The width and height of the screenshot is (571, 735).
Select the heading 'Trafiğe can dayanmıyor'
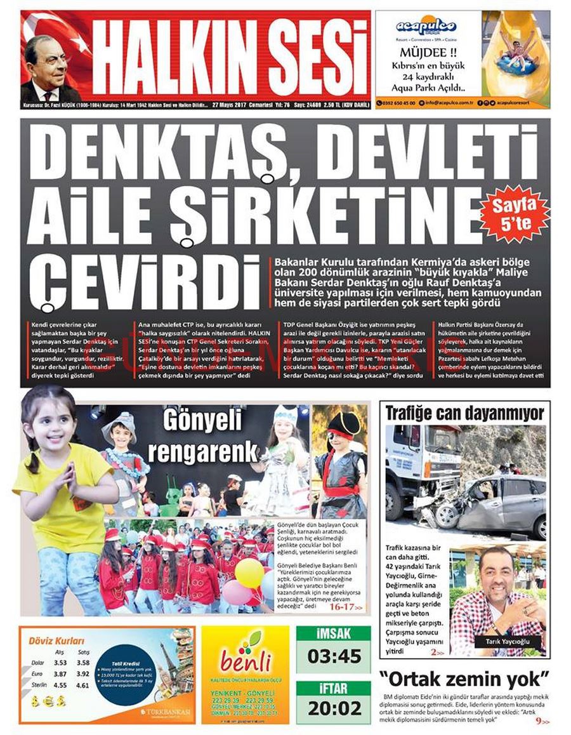point(464,414)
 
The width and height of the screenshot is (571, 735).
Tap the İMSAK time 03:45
point(333,656)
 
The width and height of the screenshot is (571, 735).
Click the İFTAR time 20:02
point(333,708)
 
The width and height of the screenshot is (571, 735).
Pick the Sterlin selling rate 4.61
point(82,685)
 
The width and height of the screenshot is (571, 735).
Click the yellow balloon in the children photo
point(249,573)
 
